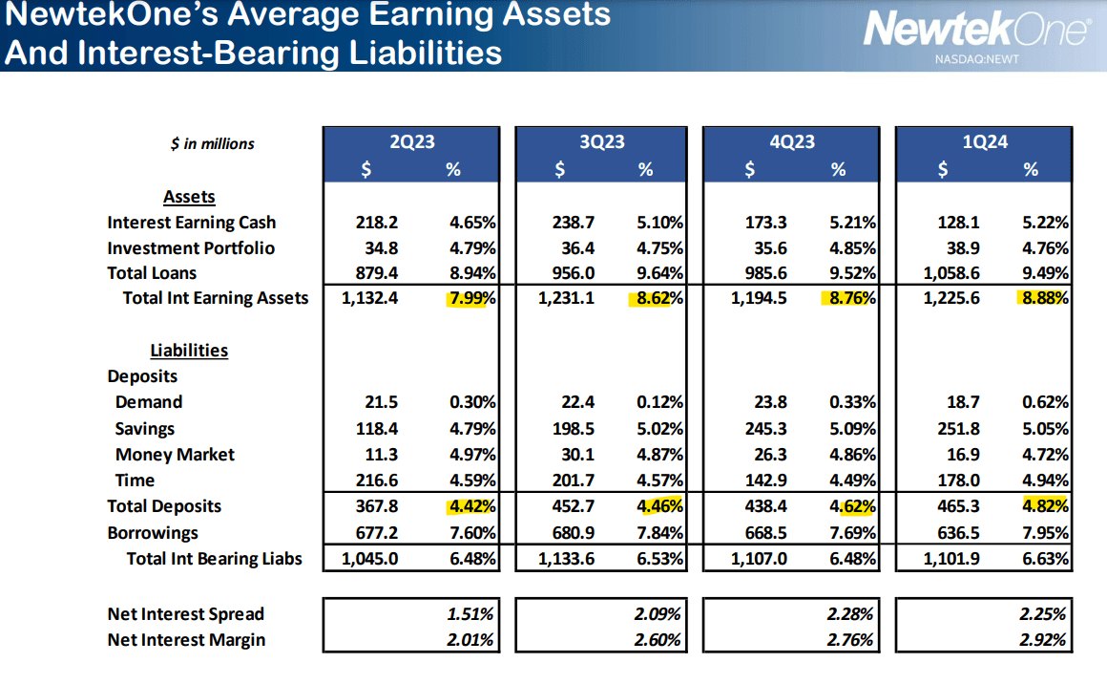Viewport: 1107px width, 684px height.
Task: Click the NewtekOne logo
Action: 974,30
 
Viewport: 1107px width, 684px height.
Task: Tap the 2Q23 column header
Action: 411,141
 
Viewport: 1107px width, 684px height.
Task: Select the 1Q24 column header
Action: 984,141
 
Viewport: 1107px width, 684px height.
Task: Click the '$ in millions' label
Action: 212,143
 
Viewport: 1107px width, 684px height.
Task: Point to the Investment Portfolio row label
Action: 191,247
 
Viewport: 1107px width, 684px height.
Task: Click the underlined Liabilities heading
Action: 189,350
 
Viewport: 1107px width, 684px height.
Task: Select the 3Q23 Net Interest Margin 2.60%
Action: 658,640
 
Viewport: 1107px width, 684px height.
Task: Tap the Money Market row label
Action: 175,455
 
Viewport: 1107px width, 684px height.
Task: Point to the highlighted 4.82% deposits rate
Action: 1044,506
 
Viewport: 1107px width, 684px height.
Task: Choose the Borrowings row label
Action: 153,533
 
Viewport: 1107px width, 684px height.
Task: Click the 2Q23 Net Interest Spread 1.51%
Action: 470,614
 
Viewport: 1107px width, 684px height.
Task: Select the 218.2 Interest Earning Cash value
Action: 376,223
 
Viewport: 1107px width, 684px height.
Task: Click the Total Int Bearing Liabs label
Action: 214,559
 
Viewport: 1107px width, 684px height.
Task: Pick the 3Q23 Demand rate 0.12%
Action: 659,402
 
